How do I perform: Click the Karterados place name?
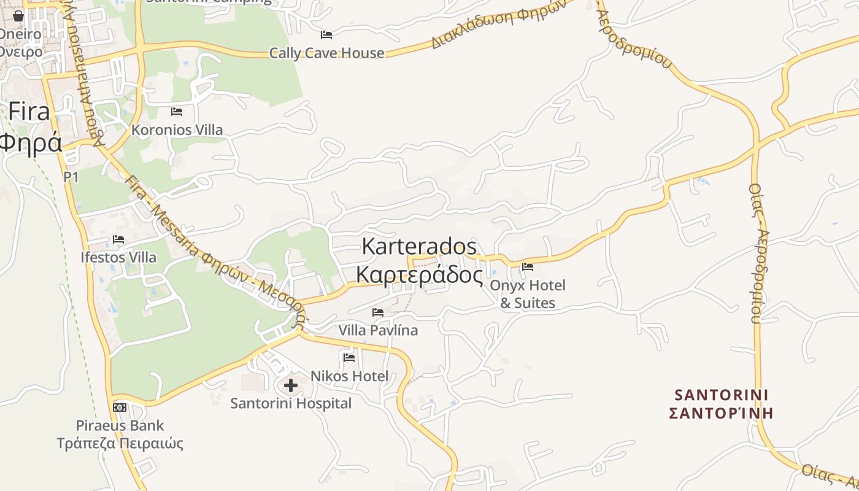[419, 246]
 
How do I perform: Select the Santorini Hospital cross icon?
[291, 385]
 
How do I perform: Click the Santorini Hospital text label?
[291, 403]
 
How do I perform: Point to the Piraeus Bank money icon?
[120, 407]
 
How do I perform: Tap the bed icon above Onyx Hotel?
[527, 266]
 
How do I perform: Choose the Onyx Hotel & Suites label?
[528, 294]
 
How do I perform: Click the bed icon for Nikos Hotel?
[349, 357]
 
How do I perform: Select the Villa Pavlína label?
[378, 330]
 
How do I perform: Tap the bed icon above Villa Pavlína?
[378, 312]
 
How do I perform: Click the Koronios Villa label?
[177, 130]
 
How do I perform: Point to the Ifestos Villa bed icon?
[118, 239]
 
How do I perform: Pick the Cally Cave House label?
[326, 53]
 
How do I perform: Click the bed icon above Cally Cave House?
[326, 34]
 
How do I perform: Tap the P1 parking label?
[71, 177]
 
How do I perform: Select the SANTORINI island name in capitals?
[722, 394]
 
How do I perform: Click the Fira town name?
[29, 112]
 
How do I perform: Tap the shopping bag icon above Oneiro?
[18, 16]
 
